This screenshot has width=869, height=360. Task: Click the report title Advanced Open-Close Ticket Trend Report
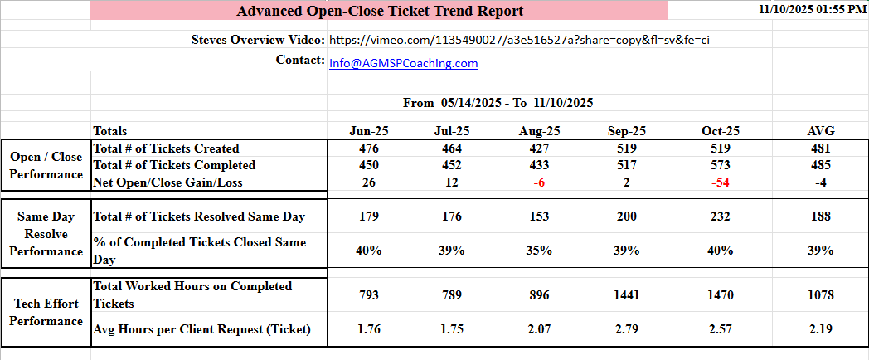pyautogui.click(x=380, y=11)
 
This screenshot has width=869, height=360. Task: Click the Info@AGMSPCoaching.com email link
pyautogui.click(x=404, y=63)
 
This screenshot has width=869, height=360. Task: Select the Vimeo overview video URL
pyautogui.click(x=519, y=40)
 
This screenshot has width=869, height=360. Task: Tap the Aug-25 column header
pyautogui.click(x=539, y=131)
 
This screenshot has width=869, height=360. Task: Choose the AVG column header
pyautogui.click(x=820, y=131)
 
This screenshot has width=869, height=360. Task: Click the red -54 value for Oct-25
pyautogui.click(x=720, y=182)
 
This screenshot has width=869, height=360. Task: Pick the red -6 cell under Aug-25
pyautogui.click(x=539, y=182)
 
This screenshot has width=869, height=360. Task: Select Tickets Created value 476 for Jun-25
pyautogui.click(x=368, y=148)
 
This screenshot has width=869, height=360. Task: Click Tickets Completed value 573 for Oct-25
pyautogui.click(x=720, y=165)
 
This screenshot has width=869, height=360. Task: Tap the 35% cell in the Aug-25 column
pyautogui.click(x=539, y=251)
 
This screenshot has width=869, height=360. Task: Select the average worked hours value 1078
pyautogui.click(x=820, y=295)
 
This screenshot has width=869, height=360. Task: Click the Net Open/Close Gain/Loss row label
pyautogui.click(x=167, y=182)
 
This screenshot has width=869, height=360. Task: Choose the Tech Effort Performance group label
pyautogui.click(x=46, y=312)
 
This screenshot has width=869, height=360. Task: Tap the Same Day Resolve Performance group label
pyautogui.click(x=46, y=234)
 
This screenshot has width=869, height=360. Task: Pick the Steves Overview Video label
pyautogui.click(x=258, y=40)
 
